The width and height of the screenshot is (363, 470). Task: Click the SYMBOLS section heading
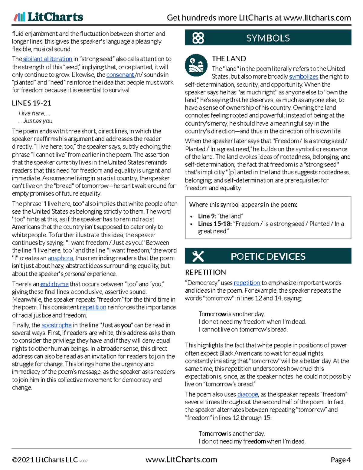point(268,38)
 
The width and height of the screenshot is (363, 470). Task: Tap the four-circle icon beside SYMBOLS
point(198,38)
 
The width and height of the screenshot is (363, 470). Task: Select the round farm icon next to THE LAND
point(196,65)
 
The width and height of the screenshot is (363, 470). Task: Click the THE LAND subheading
point(229,59)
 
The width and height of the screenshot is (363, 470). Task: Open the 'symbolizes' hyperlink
point(303,77)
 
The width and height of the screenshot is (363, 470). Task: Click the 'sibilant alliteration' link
point(47,59)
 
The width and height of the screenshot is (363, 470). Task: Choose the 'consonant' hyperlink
point(120,75)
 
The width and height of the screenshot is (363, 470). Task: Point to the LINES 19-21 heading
point(31,103)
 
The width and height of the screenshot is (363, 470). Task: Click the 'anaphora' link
point(60,258)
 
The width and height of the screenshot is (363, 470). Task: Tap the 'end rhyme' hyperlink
point(54,284)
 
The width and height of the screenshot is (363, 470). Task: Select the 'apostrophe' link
point(56,325)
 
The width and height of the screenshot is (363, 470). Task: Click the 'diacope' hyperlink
point(247,394)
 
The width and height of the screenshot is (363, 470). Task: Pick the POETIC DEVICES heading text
point(268,256)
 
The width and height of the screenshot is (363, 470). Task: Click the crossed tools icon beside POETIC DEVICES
point(198,256)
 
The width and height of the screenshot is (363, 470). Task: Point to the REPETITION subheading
point(205,272)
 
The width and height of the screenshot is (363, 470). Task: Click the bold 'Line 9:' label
point(206,216)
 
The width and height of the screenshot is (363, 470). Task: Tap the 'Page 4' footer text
point(340,460)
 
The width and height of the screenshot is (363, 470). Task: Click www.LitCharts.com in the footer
point(181,460)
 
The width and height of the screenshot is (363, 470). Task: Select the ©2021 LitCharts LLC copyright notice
point(45,460)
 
